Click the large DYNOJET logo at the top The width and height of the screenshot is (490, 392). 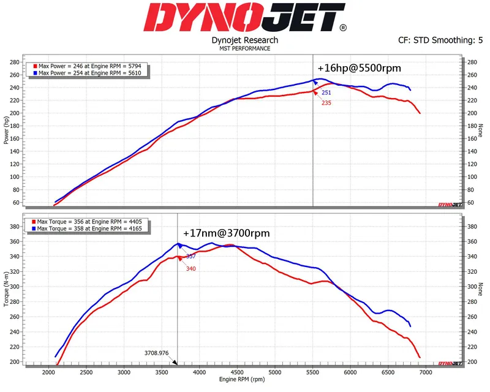(x=245, y=18)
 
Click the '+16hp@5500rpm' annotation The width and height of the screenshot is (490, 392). (x=359, y=68)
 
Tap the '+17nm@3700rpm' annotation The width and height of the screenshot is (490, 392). (x=226, y=233)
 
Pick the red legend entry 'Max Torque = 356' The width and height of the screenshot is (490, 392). (x=85, y=222)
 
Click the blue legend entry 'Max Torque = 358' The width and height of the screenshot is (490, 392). (x=85, y=228)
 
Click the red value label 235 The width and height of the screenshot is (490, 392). (x=326, y=103)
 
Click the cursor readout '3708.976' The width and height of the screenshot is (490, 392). (x=157, y=353)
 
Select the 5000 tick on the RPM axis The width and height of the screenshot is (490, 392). (x=274, y=372)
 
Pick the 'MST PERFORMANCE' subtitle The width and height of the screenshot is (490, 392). (x=245, y=48)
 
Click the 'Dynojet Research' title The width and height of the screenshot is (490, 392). (x=245, y=40)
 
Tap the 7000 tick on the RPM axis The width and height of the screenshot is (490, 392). (x=425, y=372)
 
